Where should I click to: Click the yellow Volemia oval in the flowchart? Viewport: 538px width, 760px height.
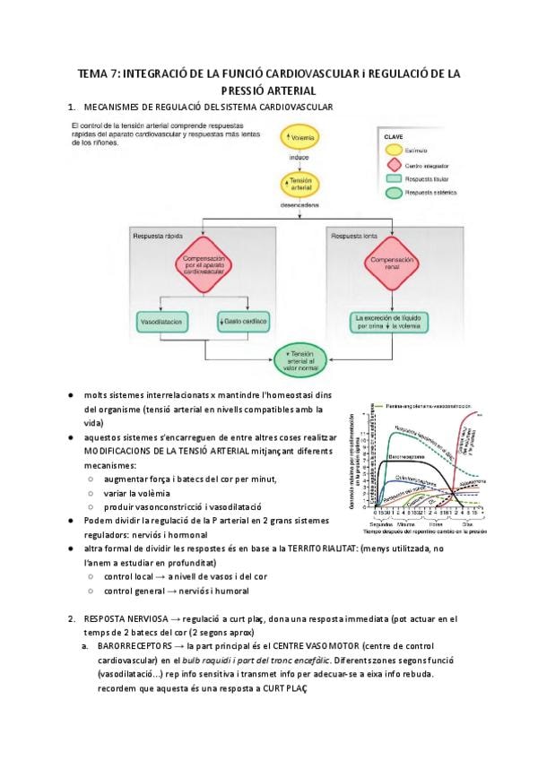pyautogui.click(x=299, y=137)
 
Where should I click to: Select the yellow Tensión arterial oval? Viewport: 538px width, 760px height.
pyautogui.click(x=299, y=185)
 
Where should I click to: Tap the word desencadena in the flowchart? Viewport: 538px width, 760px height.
pyautogui.click(x=299, y=204)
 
